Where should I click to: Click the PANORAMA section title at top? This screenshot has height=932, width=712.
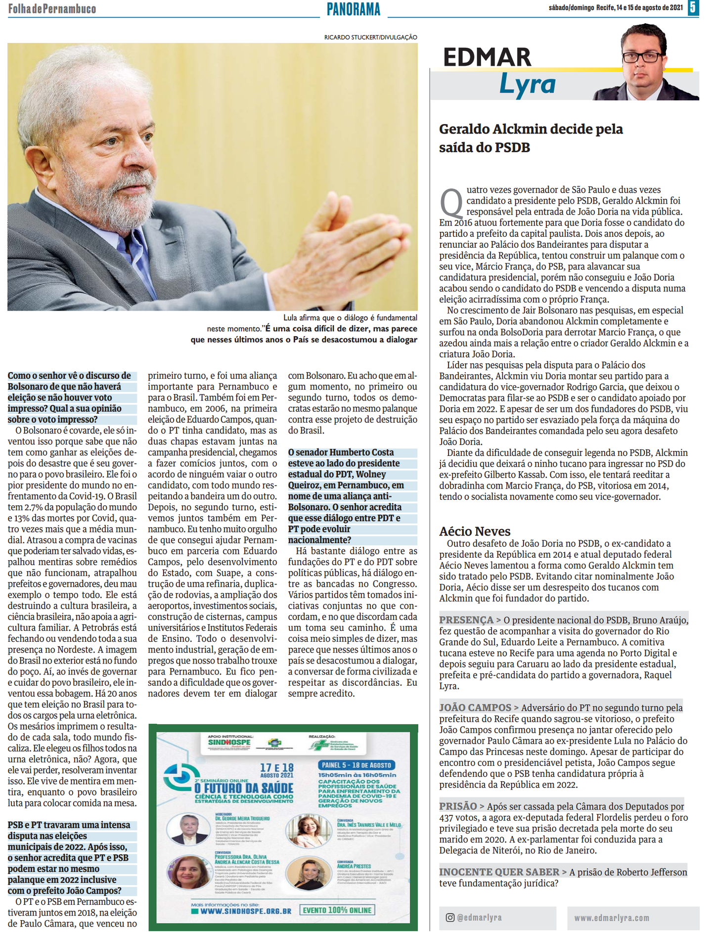tap(354, 9)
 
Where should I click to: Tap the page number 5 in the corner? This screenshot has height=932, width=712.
tap(693, 8)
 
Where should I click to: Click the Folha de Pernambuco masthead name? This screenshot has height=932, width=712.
tap(52, 9)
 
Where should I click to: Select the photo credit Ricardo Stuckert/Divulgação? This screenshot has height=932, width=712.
tap(370, 37)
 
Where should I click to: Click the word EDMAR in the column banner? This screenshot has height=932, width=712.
tap(487, 57)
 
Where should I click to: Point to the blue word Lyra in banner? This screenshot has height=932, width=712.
tap(527, 84)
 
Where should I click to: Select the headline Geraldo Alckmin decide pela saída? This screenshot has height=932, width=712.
tap(531, 138)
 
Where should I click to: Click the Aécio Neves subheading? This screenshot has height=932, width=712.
tap(475, 531)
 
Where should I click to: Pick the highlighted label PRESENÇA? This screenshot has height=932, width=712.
tap(466, 620)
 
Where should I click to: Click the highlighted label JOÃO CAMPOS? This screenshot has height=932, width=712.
tap(475, 708)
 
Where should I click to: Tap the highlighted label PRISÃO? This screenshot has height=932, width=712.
tap(458, 806)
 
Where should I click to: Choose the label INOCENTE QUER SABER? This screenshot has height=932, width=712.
tap(499, 872)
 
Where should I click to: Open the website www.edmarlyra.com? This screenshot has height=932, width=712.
tap(612, 918)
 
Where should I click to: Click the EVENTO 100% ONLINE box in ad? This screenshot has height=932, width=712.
tap(338, 910)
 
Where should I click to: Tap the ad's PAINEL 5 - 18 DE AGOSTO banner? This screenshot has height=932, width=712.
tap(356, 765)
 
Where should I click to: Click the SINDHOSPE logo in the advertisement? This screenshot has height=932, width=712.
tap(229, 743)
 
